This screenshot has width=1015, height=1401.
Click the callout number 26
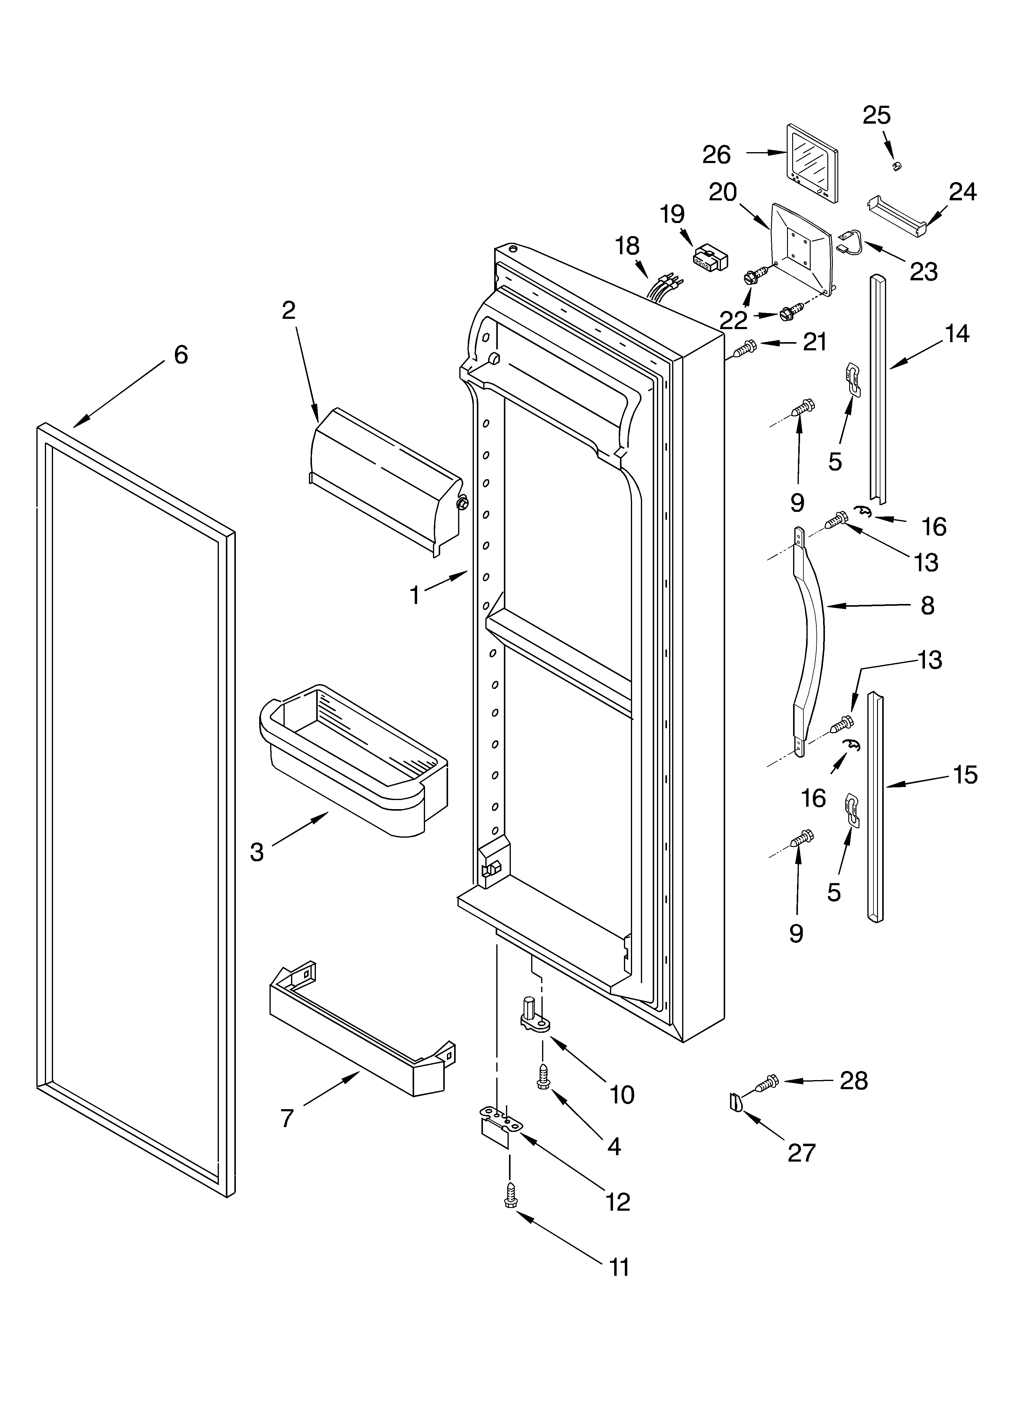point(716,155)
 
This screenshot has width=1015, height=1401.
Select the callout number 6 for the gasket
point(180,355)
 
